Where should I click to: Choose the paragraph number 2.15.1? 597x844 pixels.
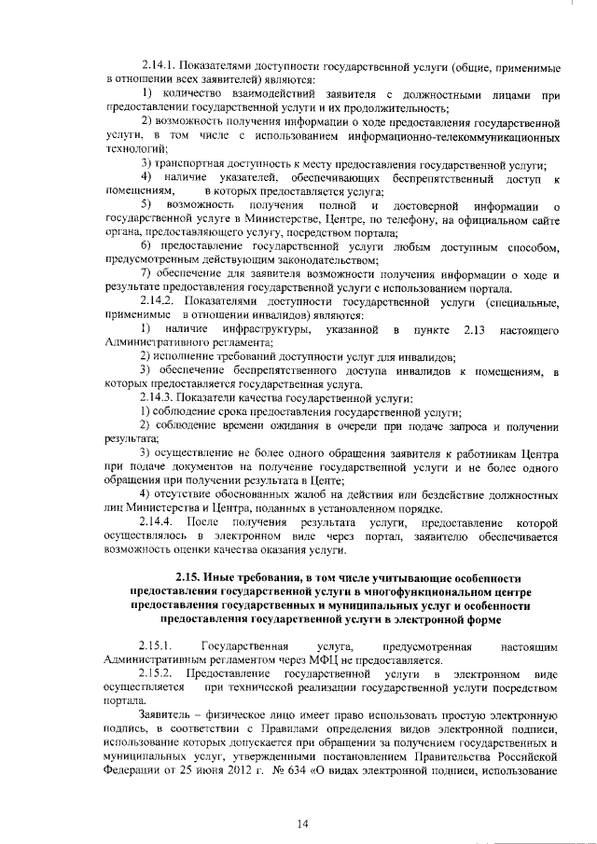155,644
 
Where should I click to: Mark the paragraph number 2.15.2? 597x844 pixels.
155,671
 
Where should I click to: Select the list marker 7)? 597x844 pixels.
146,273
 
